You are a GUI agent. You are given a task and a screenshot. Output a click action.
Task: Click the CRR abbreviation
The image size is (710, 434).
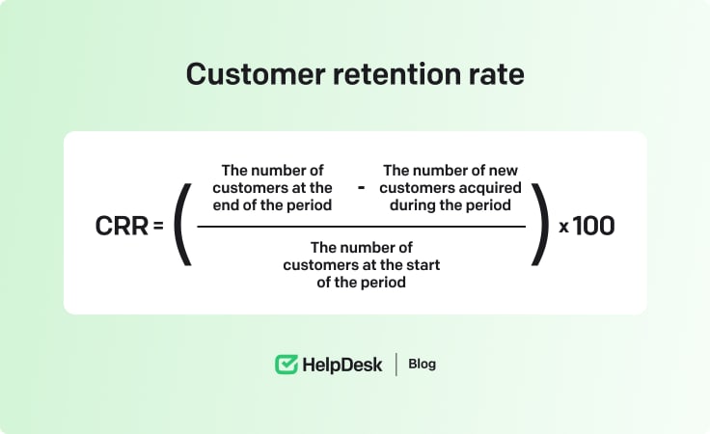point(122,226)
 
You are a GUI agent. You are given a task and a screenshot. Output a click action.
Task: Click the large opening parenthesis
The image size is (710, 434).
point(183,226)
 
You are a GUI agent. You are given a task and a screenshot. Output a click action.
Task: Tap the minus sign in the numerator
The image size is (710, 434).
point(361,187)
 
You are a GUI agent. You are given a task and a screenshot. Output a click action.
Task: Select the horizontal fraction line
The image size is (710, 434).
point(361,227)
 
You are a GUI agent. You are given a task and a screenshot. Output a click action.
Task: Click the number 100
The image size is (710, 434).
point(594,226)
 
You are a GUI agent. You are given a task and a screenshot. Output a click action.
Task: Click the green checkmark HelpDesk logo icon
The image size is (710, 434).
point(287,365)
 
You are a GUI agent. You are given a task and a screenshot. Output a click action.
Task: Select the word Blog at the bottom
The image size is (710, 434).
point(422,365)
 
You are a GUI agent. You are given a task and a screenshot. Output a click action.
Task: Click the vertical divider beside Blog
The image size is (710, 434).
point(396,365)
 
